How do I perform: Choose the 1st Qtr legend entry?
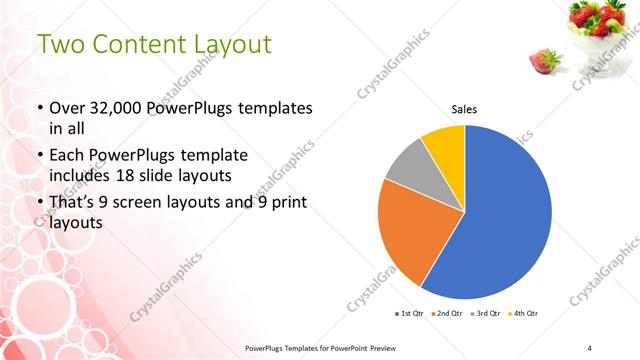[x=411, y=314]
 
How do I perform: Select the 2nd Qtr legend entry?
[x=449, y=314]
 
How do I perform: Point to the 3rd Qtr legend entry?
[x=487, y=314]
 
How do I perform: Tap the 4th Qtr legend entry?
[x=525, y=314]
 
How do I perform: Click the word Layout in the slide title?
[x=225, y=44]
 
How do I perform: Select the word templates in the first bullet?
[x=271, y=107]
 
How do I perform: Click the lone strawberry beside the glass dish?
[x=544, y=63]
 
